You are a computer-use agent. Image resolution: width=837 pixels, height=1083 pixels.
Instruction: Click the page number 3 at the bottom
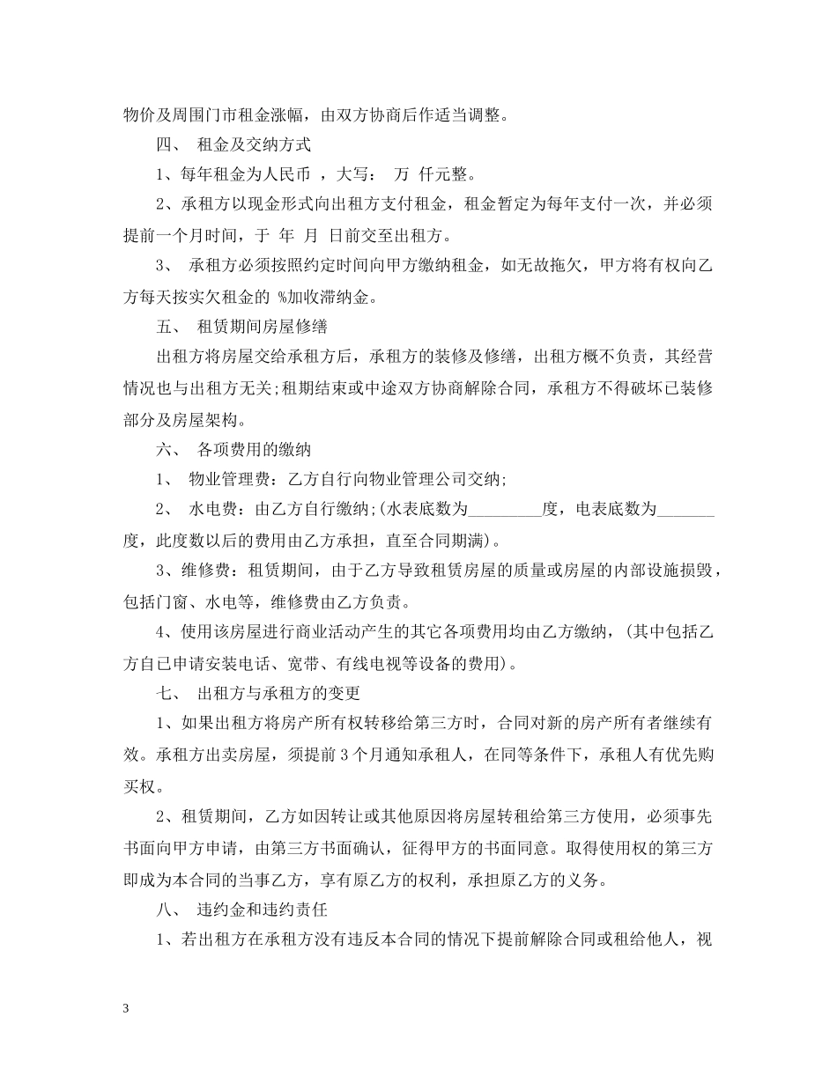tap(127, 1010)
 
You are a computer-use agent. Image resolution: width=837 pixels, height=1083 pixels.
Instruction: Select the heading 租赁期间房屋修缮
tap(263, 327)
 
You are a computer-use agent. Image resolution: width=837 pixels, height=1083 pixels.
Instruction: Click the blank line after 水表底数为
tap(504, 511)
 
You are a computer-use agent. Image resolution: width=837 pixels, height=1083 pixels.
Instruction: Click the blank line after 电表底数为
tap(686, 511)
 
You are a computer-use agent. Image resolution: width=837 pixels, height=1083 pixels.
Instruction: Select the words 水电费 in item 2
tap(212, 511)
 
